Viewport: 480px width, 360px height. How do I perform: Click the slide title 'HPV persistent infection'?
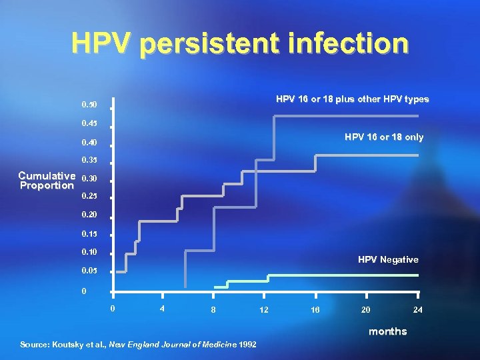240,43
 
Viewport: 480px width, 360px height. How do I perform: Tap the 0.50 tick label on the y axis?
89,105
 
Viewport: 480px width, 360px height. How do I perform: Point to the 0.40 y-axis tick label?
89,143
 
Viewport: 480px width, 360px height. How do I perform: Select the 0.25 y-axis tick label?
89,197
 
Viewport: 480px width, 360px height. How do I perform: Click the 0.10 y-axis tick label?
89,251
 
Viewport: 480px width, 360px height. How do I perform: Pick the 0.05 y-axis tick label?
89,272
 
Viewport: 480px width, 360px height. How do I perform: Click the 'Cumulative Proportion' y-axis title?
47,180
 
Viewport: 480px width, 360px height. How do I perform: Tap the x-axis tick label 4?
162,309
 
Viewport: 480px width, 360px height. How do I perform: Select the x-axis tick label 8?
213,310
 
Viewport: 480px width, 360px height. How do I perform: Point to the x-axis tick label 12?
263,310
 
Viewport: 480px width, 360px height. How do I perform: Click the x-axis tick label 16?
315,310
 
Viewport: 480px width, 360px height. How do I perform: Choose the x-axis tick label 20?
366,310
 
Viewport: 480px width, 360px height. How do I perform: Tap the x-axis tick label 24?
417,310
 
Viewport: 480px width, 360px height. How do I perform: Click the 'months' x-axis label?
387,331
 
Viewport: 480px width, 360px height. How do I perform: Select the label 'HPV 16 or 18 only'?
383,137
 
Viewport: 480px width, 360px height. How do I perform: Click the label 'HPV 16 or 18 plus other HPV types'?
353,99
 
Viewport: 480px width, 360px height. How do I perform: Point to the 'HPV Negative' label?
388,259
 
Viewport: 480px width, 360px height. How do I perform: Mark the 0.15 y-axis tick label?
89,234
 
